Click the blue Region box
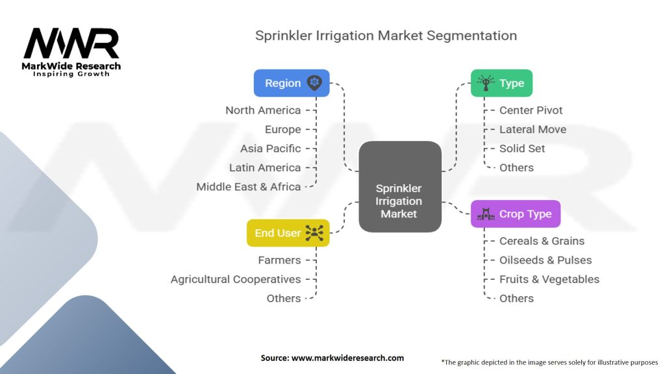click(292, 83)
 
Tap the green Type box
click(501, 83)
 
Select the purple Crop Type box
click(515, 214)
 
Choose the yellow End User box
click(288, 233)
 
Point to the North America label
click(263, 110)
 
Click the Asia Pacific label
click(270, 149)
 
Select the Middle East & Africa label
click(249, 187)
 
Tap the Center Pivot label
click(531, 110)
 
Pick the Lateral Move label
click(533, 129)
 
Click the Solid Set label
click(522, 149)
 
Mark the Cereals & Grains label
click(542, 241)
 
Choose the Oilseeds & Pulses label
click(545, 260)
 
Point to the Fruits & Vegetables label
click(549, 279)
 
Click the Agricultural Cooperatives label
click(236, 279)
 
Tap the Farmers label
click(279, 260)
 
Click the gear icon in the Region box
click(314, 83)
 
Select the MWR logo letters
click(71, 44)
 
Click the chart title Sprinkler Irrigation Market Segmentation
click(386, 35)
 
